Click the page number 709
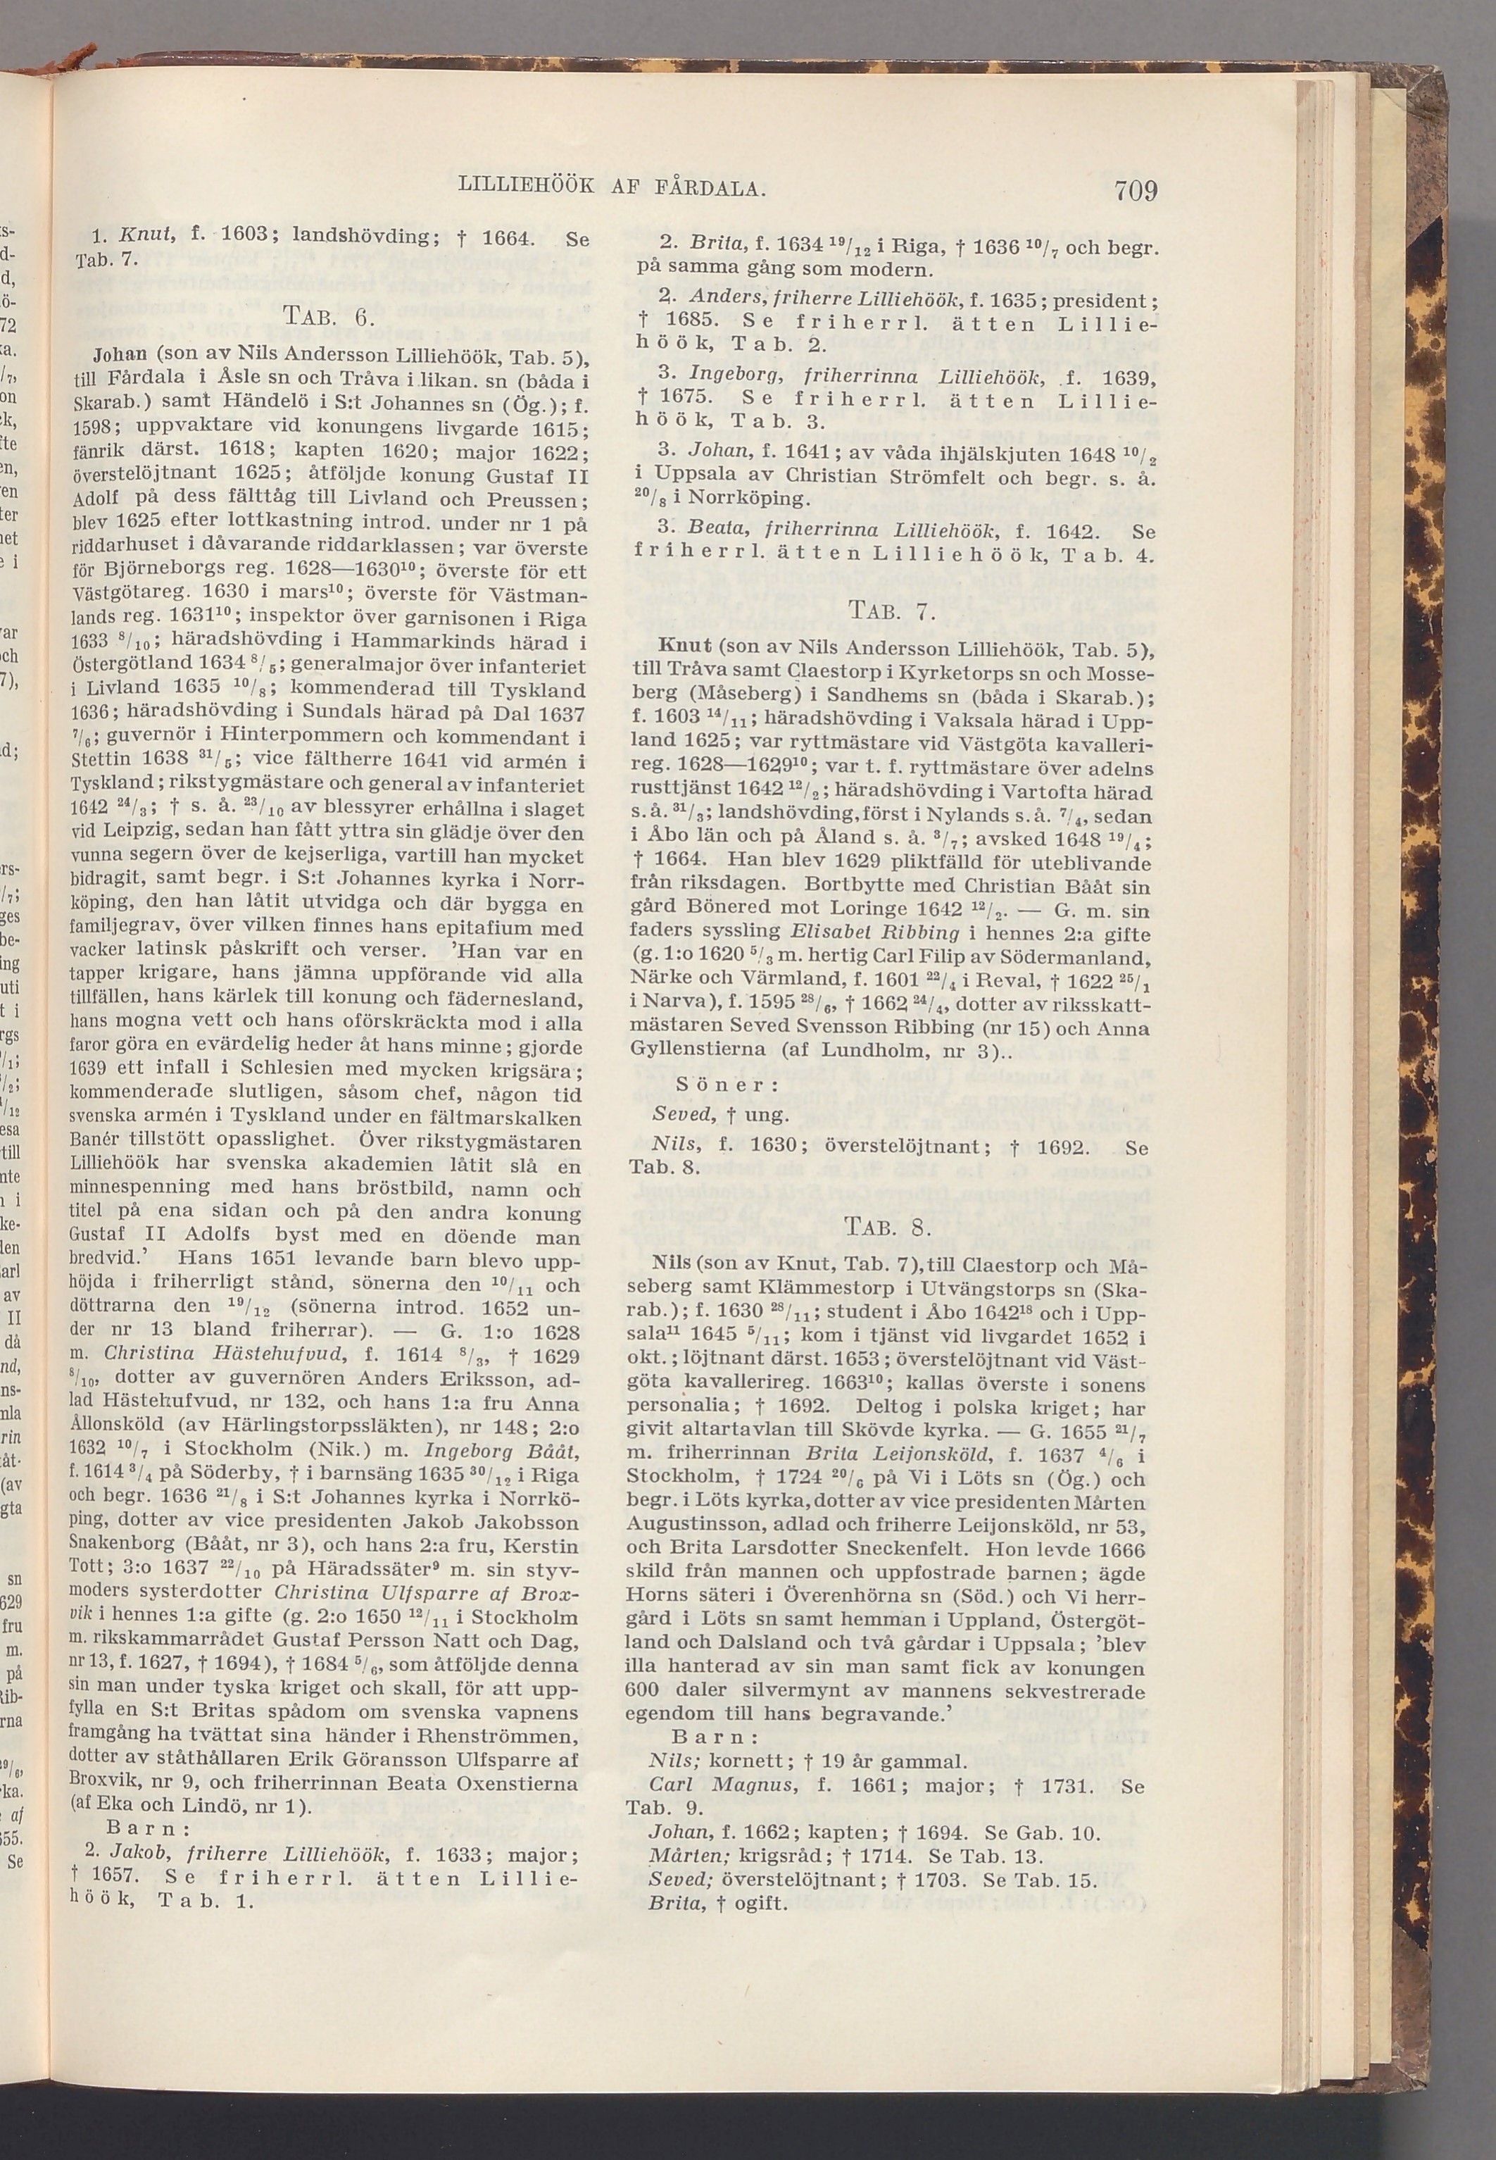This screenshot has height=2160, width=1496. (1136, 192)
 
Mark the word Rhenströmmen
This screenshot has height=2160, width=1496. (489, 1733)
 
